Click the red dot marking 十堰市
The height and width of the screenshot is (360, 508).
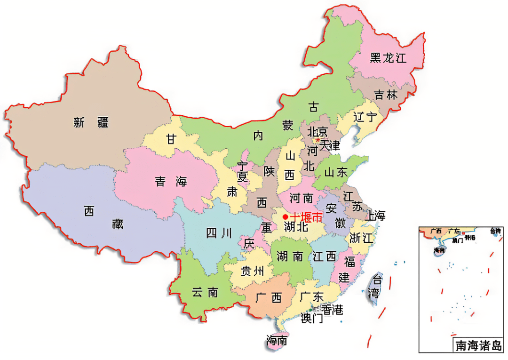tap(285, 216)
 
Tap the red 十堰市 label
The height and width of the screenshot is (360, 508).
tap(306, 217)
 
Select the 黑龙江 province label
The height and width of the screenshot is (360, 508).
tap(388, 58)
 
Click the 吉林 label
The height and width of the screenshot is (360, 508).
tap(386, 95)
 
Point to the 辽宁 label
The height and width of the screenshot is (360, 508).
tap(365, 117)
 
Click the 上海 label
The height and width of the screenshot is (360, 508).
tap(375, 216)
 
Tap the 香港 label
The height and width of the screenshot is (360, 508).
tap(332, 309)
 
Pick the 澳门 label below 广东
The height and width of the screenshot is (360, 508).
tap(312, 318)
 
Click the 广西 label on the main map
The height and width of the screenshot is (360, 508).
tap(269, 297)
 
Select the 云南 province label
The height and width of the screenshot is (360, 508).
tap(205, 292)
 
